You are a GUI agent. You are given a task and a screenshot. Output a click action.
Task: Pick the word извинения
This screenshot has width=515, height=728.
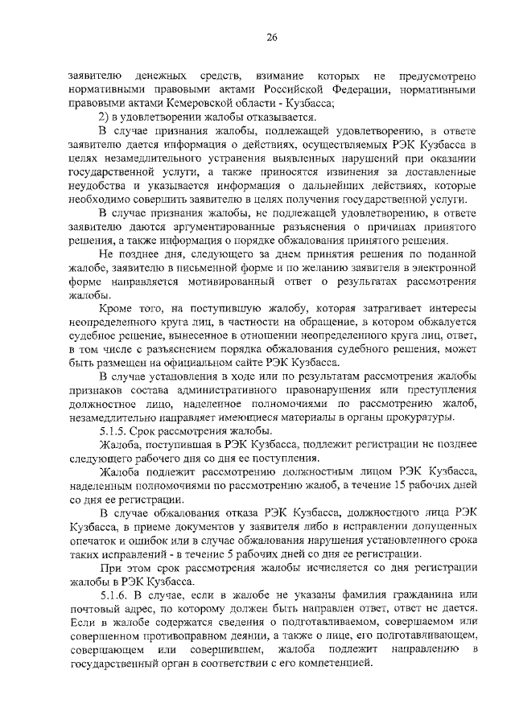(372, 173)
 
